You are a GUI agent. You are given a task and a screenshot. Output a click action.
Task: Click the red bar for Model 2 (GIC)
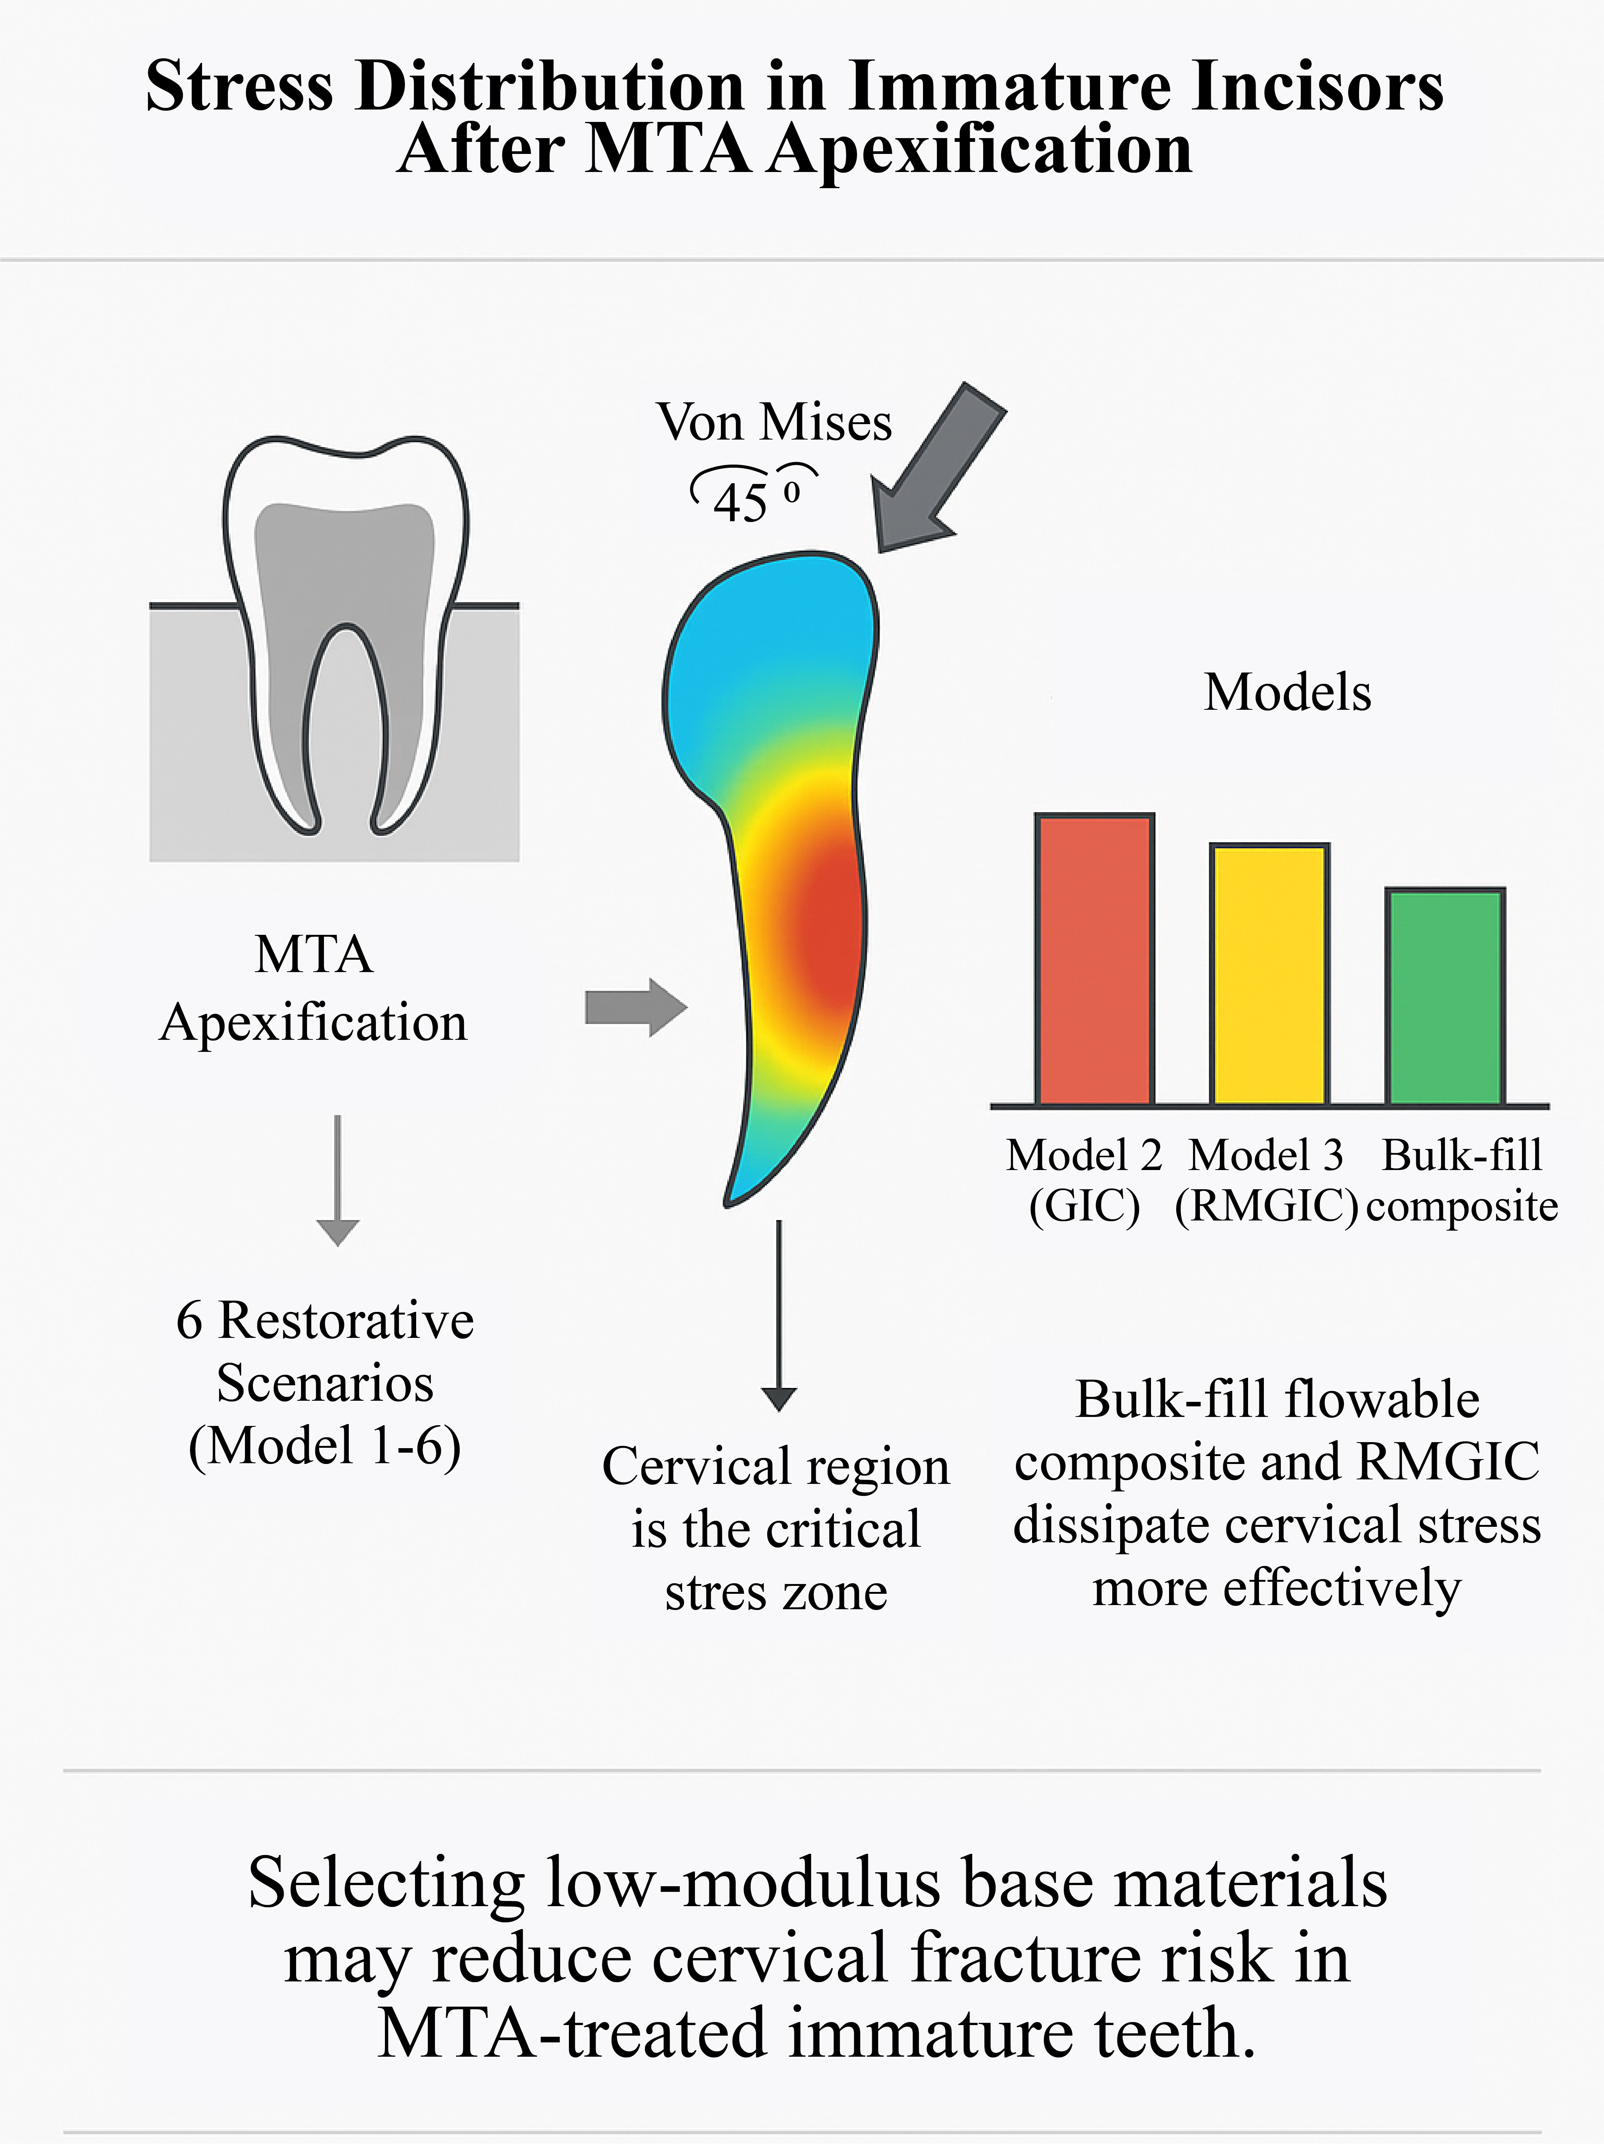pyautogui.click(x=1094, y=960)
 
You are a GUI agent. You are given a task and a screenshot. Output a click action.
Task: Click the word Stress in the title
pyautogui.click(x=239, y=87)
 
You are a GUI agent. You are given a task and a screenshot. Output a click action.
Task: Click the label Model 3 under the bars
pyautogui.click(x=1266, y=1155)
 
